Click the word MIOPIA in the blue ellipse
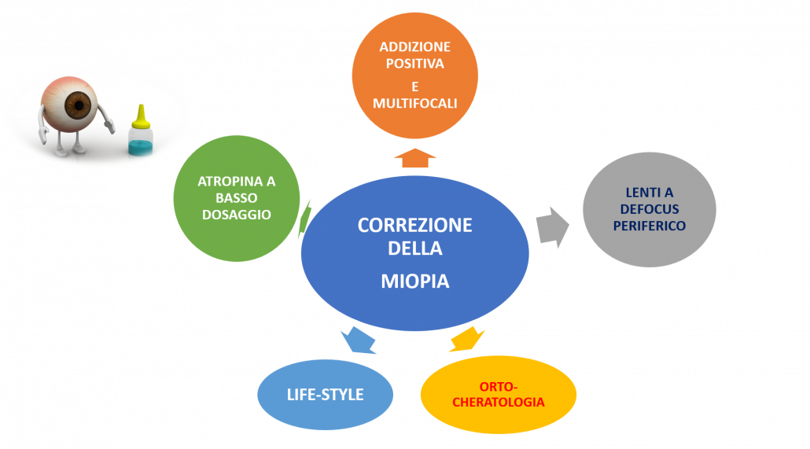(414, 281)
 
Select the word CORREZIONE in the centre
(414, 226)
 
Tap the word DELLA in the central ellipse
(414, 249)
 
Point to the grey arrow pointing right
(553, 226)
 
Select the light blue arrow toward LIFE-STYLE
(359, 340)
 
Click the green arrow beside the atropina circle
(306, 217)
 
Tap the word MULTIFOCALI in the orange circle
(414, 104)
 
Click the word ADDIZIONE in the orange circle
(414, 46)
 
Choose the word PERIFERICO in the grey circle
(650, 226)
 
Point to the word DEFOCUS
(650, 209)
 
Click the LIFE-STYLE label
(325, 394)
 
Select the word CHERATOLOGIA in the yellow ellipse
(499, 402)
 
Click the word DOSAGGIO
(237, 214)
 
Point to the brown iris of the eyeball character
(78, 104)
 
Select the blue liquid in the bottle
(140, 145)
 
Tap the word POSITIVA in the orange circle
(414, 63)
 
